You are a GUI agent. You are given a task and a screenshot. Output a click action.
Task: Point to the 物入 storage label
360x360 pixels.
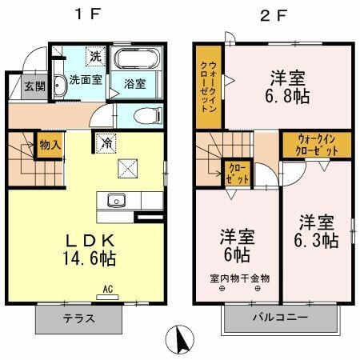(50, 146)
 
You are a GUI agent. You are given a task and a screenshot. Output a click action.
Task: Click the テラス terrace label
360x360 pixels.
(79, 318)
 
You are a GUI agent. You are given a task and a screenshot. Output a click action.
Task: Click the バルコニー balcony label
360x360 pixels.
(280, 318)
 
